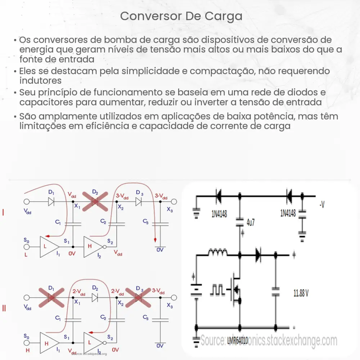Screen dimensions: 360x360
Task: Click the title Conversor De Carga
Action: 181,16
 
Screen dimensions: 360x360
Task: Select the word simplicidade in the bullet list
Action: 147,71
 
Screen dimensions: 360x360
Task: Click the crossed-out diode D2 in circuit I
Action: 95,202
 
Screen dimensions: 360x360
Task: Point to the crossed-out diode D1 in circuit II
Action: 51,298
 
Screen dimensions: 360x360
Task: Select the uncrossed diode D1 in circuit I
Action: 51,202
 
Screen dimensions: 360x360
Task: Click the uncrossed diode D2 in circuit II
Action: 95,298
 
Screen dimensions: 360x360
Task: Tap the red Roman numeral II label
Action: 4,308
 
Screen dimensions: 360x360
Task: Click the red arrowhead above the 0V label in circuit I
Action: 155,240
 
